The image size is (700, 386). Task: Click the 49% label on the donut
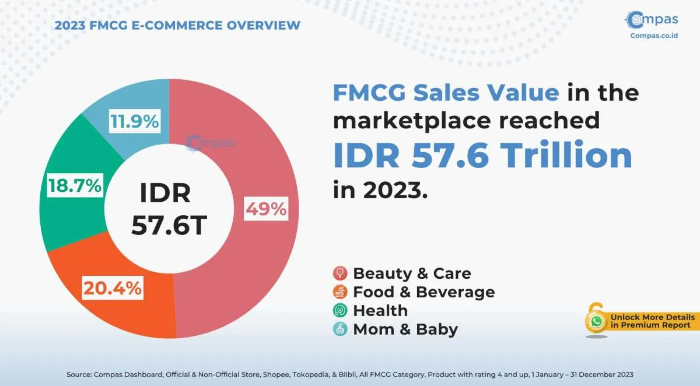266,209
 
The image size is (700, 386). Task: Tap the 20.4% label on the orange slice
112,288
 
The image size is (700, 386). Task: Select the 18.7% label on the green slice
74,187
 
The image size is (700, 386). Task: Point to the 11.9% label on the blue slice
134,122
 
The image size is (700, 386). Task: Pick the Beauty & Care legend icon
340,273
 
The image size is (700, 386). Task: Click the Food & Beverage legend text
423,292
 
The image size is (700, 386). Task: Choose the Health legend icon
340,310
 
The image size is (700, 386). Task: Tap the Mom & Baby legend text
405,329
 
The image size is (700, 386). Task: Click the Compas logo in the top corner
652,20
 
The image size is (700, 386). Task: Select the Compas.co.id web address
653,35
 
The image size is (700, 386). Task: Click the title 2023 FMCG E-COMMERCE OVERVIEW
177,25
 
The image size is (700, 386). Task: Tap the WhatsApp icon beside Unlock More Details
596,321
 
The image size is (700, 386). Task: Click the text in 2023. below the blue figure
380,190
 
